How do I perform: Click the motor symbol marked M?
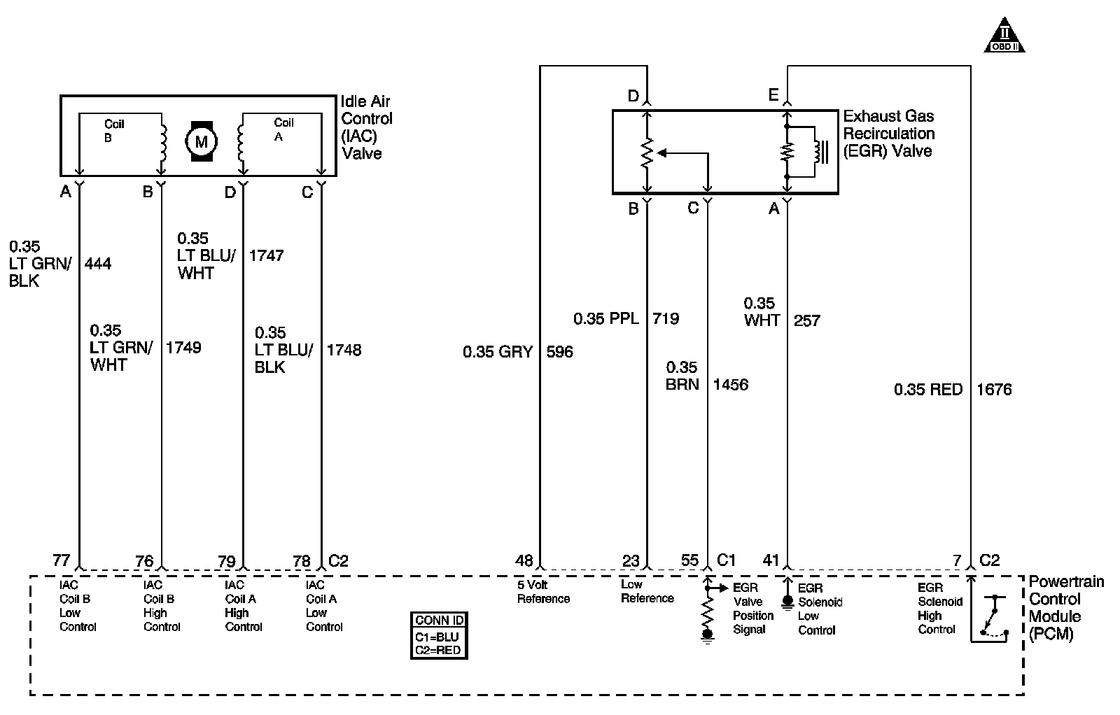tap(201, 142)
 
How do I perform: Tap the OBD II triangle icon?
tap(1004, 36)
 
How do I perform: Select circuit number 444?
tap(98, 264)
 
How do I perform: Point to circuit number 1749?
tap(183, 348)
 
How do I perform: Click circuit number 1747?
tap(266, 255)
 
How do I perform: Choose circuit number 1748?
tap(344, 350)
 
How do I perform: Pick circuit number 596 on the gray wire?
tap(559, 352)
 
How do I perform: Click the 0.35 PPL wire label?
tap(606, 319)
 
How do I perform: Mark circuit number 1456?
tap(730, 385)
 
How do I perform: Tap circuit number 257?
tap(806, 320)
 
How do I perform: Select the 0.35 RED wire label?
tap(928, 390)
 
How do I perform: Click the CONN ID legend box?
tap(439, 635)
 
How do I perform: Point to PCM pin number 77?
tap(62, 560)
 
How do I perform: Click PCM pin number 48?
tap(524, 560)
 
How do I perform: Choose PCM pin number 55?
tap(689, 560)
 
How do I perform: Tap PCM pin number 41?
tap(771, 560)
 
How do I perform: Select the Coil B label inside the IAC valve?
tap(113, 131)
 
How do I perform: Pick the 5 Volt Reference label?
tap(543, 592)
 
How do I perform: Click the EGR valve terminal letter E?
tap(773, 95)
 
